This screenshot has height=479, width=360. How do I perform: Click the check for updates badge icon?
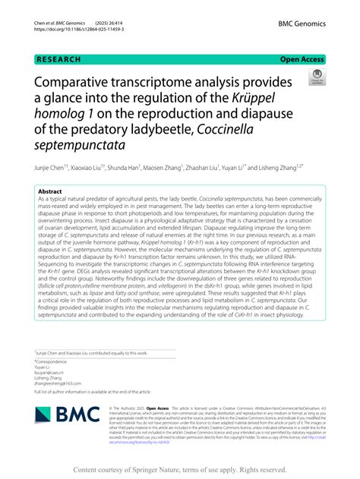[315, 77]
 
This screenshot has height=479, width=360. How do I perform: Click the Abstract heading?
[49, 192]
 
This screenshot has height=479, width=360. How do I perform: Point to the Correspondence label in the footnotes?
[52, 362]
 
